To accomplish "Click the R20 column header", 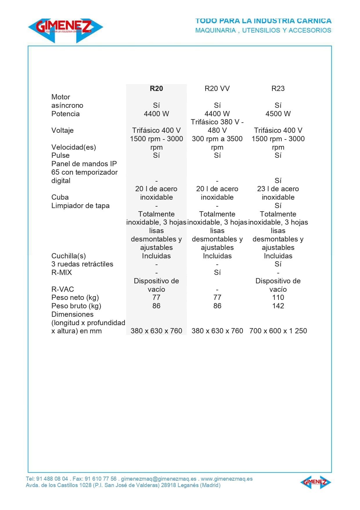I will pos(156,88).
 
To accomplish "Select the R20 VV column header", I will pos(217,88).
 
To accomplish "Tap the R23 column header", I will pos(278,88).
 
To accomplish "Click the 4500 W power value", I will pos(278,114).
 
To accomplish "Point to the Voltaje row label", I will pos(62,130).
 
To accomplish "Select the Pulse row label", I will pos(60,155).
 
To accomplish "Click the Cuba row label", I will pos(60,197).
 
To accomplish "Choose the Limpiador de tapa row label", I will pos(80,205).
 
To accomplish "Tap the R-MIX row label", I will pos(62,272).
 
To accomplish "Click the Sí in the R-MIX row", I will pos(217,272).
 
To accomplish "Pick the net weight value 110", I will pos(278,297).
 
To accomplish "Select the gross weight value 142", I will pos(278,306).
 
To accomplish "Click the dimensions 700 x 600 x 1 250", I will pos(278,331).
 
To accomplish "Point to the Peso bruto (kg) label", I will pos(76,306).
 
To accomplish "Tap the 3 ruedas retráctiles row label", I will pos(82,264).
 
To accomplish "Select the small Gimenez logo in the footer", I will pos(315,482).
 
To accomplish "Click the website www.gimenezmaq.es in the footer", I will pos(226,479).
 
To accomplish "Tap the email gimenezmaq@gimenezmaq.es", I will pos(159,479).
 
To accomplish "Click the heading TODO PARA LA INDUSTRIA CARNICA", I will pos(263,21).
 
